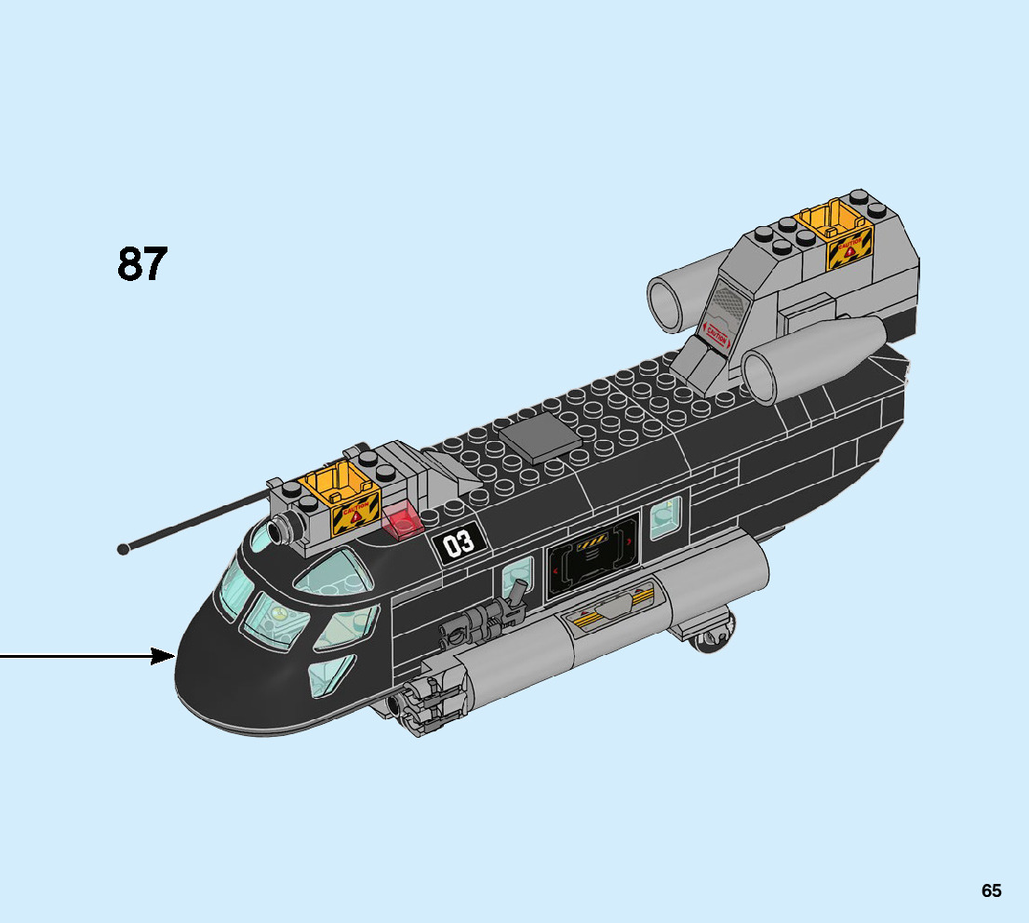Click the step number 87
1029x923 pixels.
[142, 264]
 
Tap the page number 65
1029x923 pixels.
[991, 890]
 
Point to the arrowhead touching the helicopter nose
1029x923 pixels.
[166, 657]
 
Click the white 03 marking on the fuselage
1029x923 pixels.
[459, 542]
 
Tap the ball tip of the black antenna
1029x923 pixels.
[123, 549]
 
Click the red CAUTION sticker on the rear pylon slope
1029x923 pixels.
[716, 332]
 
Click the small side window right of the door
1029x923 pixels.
[664, 516]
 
